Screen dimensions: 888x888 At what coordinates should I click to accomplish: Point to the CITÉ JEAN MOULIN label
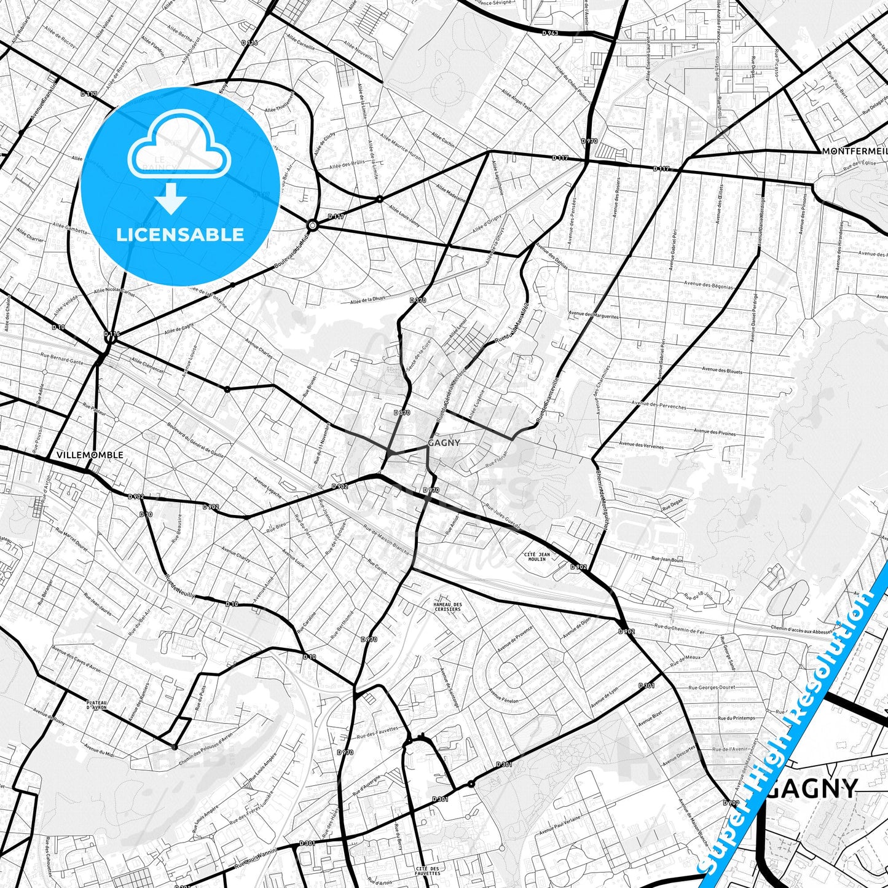point(536,557)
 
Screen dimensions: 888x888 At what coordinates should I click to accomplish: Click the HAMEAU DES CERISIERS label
point(447,607)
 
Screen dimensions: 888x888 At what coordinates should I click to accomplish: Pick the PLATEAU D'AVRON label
point(97,705)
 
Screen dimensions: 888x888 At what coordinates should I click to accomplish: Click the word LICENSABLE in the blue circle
point(180,234)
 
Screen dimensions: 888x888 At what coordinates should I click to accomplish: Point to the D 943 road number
point(550,33)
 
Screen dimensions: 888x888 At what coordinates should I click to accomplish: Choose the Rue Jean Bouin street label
point(667,559)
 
